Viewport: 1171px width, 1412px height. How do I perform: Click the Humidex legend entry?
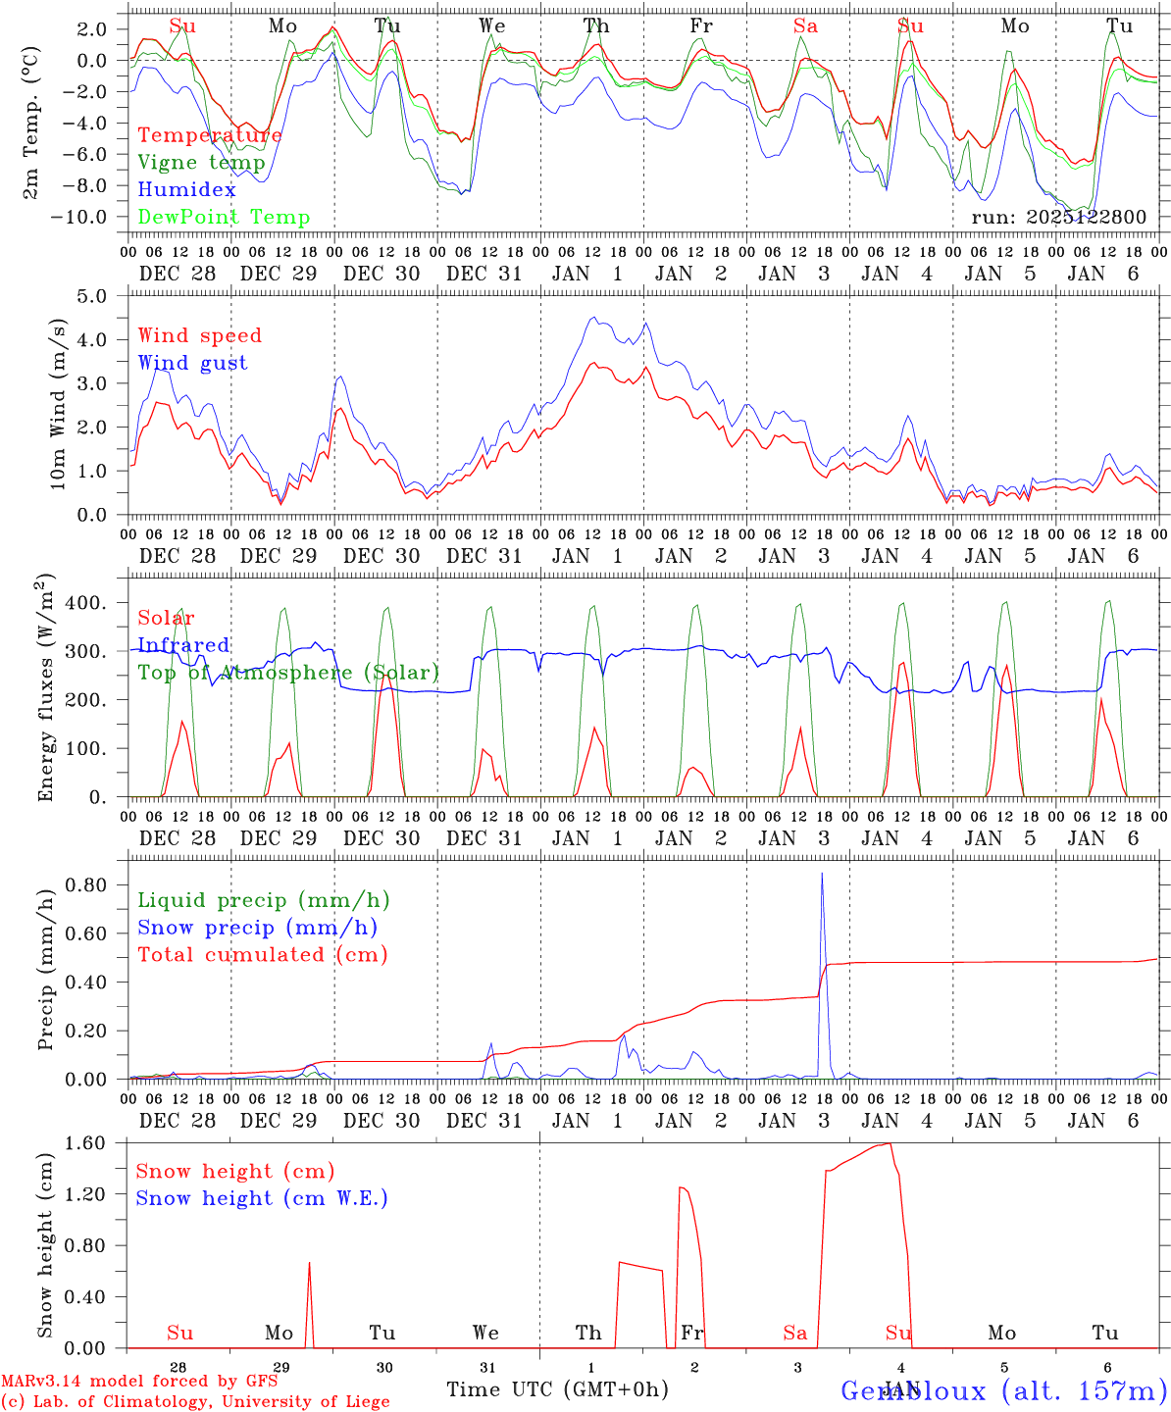(x=186, y=190)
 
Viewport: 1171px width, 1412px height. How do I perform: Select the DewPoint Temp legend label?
(x=224, y=218)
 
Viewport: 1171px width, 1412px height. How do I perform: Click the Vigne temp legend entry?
(x=201, y=163)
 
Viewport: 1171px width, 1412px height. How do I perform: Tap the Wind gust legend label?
(x=192, y=363)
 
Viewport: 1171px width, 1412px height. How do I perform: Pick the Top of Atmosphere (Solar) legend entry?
(x=288, y=673)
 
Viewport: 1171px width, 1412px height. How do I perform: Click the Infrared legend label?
(x=183, y=645)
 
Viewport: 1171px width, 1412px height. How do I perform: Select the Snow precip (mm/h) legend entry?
(x=257, y=928)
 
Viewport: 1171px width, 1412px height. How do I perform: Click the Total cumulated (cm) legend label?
(x=262, y=955)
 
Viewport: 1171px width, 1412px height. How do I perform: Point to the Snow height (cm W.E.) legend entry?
(x=262, y=1198)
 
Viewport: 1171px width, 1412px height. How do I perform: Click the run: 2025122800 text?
(x=1058, y=218)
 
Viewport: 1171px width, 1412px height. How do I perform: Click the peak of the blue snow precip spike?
(x=822, y=874)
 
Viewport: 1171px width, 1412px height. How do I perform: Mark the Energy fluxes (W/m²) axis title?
(x=46, y=690)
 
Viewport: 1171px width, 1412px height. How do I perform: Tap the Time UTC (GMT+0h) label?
(x=557, y=1389)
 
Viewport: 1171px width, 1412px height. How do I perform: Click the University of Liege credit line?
(x=195, y=1402)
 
